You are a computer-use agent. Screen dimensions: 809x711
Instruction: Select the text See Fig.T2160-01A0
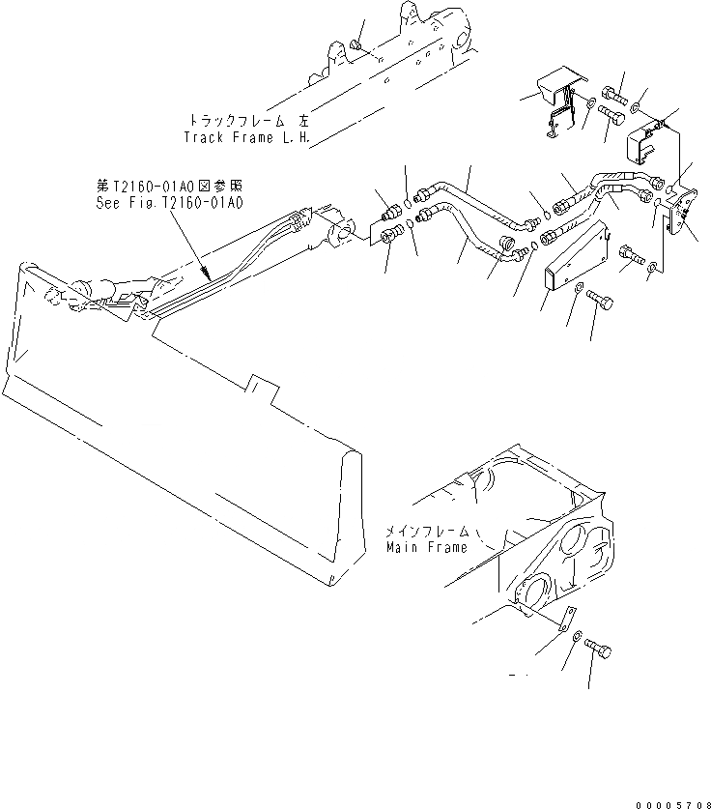pyautogui.click(x=169, y=203)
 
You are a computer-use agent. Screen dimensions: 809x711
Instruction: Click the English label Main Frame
pyautogui.click(x=427, y=547)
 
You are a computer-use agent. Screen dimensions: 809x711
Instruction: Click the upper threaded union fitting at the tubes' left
pyautogui.click(x=391, y=207)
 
